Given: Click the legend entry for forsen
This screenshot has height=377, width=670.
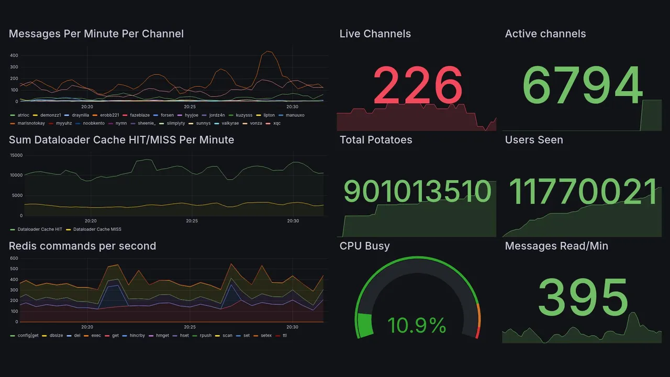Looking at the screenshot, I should [x=167, y=115].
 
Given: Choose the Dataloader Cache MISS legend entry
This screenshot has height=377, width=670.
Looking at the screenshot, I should [x=97, y=229].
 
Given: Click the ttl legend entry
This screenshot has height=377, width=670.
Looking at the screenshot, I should [x=284, y=336].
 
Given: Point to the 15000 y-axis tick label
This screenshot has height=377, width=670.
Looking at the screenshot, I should [x=16, y=156].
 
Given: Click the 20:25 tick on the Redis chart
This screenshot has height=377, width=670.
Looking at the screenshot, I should [x=189, y=327].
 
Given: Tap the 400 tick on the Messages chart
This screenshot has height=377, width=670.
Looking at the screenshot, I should [x=14, y=56].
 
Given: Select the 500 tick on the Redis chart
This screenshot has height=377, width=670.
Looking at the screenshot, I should [x=14, y=269].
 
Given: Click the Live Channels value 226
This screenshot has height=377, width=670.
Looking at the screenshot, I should [x=417, y=85].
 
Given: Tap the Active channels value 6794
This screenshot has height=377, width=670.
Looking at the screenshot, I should [x=582, y=85].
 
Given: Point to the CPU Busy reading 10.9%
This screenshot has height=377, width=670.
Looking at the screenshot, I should [x=417, y=326].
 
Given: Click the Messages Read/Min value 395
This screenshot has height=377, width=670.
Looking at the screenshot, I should [x=583, y=298].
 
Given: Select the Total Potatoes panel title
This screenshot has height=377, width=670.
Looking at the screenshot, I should [x=376, y=140].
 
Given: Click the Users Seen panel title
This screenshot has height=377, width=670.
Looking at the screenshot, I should [x=534, y=140].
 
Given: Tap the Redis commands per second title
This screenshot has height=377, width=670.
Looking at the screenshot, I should [x=82, y=246].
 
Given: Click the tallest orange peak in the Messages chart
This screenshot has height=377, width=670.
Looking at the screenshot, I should [x=268, y=51].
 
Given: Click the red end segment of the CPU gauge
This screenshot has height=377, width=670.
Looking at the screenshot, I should [x=477, y=332].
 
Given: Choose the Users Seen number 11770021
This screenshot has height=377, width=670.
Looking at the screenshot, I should [x=583, y=192].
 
